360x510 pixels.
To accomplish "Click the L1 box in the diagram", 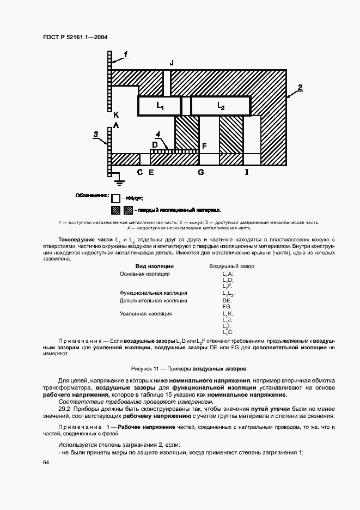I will click(x=159, y=106).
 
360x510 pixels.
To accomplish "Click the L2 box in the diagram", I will click(x=221, y=106).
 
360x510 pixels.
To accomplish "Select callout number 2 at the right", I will click(x=300, y=87).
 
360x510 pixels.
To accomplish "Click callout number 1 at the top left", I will click(x=125, y=53).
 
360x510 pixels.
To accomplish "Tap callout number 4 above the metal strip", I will click(x=157, y=134).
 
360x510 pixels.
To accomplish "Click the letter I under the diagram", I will click(x=246, y=173).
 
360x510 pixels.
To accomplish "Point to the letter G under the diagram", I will click(x=200, y=173).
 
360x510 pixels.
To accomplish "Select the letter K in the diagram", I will click(x=115, y=115).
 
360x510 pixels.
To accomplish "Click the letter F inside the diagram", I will click(x=204, y=145).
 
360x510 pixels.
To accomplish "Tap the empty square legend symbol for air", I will click(x=115, y=198).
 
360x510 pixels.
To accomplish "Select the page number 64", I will click(x=45, y=462).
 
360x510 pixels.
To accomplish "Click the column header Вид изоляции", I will click(x=154, y=266).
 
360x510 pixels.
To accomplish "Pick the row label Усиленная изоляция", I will click(x=146, y=313).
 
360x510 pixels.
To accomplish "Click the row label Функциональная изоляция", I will click(x=153, y=293).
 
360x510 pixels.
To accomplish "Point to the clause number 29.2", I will click(x=65, y=408).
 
